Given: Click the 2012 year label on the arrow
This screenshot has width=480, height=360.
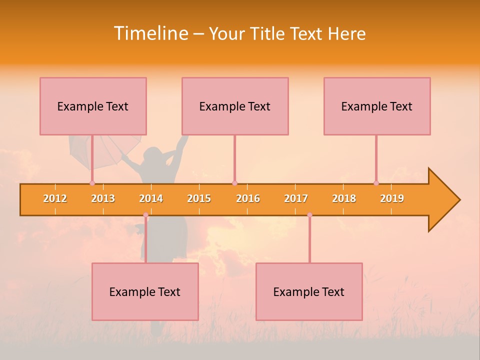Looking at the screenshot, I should pyautogui.click(x=55, y=198).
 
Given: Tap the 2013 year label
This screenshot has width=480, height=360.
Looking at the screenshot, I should pyautogui.click(x=103, y=198).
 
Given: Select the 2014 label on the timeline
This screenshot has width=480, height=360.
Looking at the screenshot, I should pyautogui.click(x=151, y=198).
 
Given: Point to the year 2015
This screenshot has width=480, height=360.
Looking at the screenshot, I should pyautogui.click(x=199, y=198).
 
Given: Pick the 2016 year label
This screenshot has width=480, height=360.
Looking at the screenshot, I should pyautogui.click(x=248, y=198).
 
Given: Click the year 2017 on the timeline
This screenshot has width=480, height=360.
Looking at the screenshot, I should pyautogui.click(x=296, y=198).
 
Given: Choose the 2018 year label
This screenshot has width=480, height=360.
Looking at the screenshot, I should pyautogui.click(x=344, y=198).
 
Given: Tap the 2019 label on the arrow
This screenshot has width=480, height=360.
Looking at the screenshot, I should pyautogui.click(x=392, y=198).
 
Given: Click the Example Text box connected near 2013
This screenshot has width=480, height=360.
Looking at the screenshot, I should pyautogui.click(x=93, y=106).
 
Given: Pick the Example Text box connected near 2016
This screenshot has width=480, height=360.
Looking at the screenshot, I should pyautogui.click(x=235, y=106).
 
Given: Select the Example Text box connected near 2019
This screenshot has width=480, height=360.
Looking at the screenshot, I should pyautogui.click(x=377, y=106).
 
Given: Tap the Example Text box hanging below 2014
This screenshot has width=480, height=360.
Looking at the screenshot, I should pyautogui.click(x=145, y=291).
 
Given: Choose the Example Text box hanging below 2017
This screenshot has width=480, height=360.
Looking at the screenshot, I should pyautogui.click(x=309, y=291).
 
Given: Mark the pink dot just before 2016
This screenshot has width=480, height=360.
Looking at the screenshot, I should pyautogui.click(x=234, y=183).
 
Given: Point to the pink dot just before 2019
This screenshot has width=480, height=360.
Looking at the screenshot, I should pyautogui.click(x=376, y=183).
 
